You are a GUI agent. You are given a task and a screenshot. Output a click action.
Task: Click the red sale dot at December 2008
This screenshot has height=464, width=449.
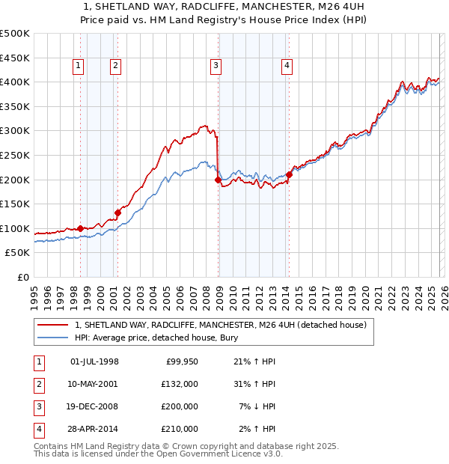[218, 180]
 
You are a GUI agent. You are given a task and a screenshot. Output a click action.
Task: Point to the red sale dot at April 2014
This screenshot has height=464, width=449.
[289, 174]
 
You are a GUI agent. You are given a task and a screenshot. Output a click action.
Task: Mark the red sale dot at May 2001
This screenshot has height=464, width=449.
[117, 213]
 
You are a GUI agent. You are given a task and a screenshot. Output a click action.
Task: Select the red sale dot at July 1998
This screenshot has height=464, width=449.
[80, 228]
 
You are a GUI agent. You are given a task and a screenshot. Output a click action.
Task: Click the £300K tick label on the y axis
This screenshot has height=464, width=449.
[15, 131]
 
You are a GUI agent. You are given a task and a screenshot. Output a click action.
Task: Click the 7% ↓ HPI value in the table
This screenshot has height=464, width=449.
[257, 408]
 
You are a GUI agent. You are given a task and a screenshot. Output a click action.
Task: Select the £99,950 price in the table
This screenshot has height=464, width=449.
[180, 361]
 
